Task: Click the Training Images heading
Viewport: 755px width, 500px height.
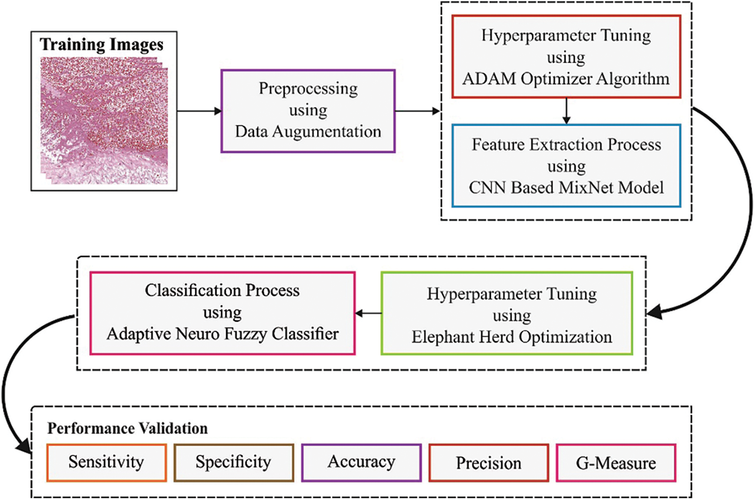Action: (x=102, y=45)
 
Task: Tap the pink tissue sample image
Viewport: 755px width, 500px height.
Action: (x=104, y=121)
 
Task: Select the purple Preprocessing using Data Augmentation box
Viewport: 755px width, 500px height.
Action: (x=308, y=111)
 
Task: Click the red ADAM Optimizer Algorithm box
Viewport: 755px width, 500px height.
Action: (x=566, y=56)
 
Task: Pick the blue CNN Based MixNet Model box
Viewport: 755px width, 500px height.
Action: (x=566, y=166)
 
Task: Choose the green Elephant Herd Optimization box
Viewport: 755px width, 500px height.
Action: (x=507, y=313)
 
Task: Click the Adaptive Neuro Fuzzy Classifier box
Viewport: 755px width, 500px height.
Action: (x=223, y=313)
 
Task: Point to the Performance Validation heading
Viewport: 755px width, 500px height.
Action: (x=128, y=428)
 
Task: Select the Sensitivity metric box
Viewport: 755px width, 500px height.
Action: (x=106, y=463)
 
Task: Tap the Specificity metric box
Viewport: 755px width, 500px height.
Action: (x=233, y=463)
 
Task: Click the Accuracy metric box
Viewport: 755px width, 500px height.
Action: (x=362, y=463)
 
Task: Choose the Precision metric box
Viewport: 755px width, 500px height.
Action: (x=488, y=463)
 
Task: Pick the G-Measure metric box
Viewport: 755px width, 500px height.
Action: (x=616, y=463)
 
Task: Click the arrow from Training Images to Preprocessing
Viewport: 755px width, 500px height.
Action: (x=199, y=111)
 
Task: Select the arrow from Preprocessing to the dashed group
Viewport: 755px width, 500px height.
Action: (x=418, y=111)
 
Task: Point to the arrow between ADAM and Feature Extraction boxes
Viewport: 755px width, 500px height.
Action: (x=566, y=111)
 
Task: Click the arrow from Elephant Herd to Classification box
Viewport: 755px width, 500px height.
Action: (x=368, y=314)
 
